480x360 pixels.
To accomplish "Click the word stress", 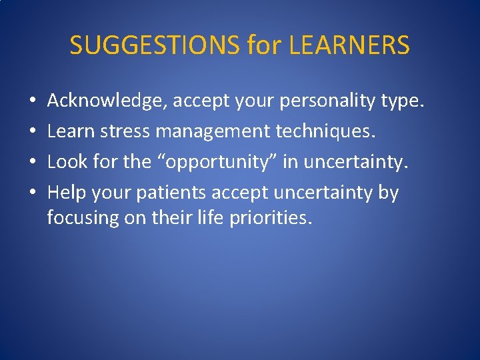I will [x=125, y=132].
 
